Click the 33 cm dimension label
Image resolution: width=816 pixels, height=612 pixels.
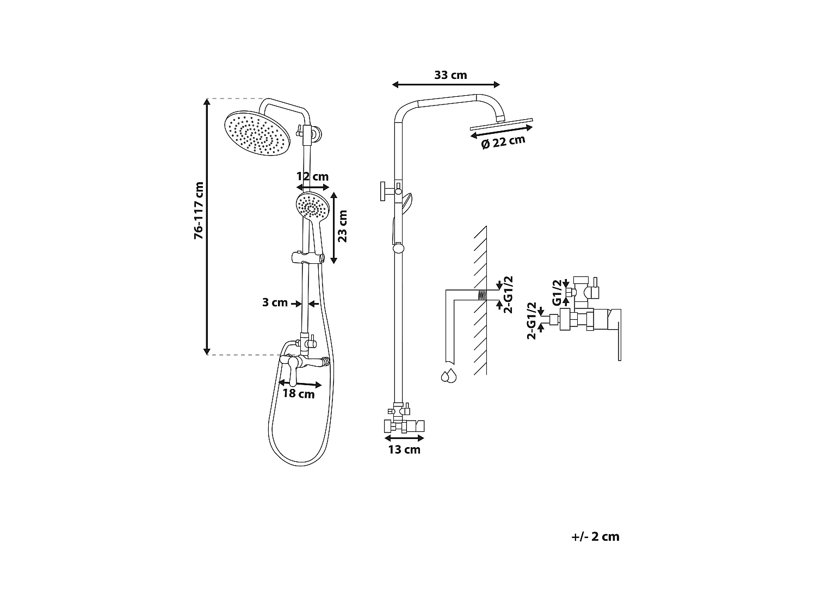(x=450, y=75)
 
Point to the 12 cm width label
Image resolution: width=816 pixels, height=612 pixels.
(x=312, y=177)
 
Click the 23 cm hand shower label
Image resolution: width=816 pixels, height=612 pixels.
(x=342, y=226)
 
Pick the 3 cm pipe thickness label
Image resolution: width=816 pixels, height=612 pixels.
(x=275, y=302)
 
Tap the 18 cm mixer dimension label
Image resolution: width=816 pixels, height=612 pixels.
(x=299, y=394)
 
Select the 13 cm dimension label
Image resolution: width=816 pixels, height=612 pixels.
(x=404, y=450)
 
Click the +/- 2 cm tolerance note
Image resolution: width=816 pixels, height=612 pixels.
(x=596, y=537)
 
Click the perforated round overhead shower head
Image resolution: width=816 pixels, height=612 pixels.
(x=258, y=133)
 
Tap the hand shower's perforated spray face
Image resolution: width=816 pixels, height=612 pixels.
(x=313, y=206)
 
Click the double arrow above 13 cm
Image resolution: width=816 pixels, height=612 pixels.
(x=404, y=437)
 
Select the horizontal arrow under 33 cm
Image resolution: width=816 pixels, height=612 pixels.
(x=446, y=84)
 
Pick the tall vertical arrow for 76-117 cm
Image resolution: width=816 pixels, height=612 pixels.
(x=207, y=226)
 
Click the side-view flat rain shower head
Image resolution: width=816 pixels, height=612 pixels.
(x=502, y=124)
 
